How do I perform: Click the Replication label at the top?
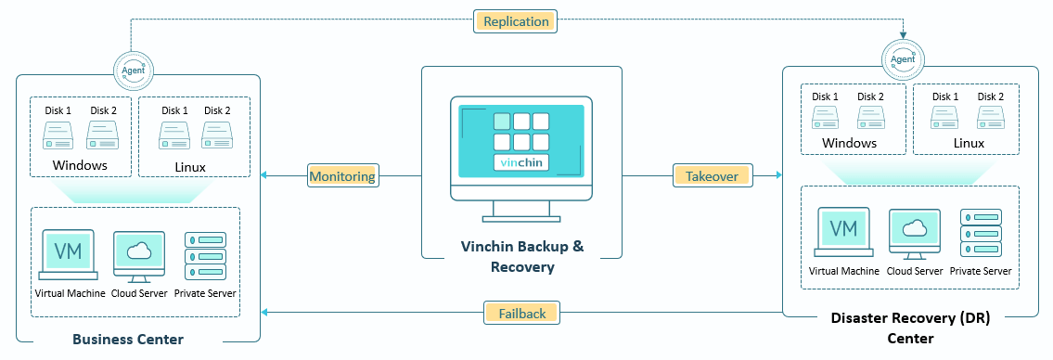pos(516,21)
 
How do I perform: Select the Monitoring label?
pos(341,176)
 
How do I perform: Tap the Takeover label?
pos(712,176)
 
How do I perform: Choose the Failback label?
pos(521,313)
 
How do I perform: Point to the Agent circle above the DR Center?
pos(902,59)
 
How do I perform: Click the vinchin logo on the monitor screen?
pos(521,161)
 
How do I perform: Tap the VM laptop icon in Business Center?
pos(68,254)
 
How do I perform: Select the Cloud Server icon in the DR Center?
pos(914,234)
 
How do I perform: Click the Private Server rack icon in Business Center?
pos(205,256)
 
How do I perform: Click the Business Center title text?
pos(128,340)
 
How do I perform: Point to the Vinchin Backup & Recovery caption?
pos(522,257)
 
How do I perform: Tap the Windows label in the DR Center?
pos(850,143)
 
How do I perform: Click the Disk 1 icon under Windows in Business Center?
pos(58,135)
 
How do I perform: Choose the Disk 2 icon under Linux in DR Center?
pos(991,118)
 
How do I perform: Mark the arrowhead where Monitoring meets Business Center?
pos(263,176)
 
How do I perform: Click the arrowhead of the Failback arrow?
pos(263,313)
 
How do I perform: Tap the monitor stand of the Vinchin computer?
pos(521,212)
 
